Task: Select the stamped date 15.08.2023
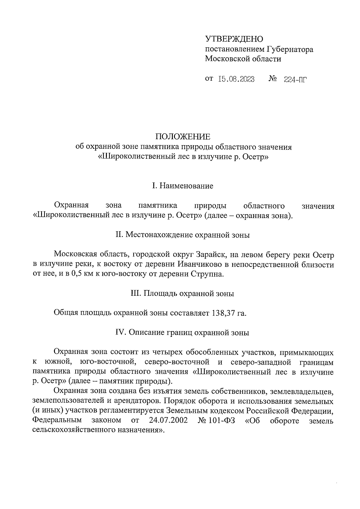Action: click(236, 79)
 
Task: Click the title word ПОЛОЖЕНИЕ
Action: click(183, 137)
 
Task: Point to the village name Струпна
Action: click(209, 274)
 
